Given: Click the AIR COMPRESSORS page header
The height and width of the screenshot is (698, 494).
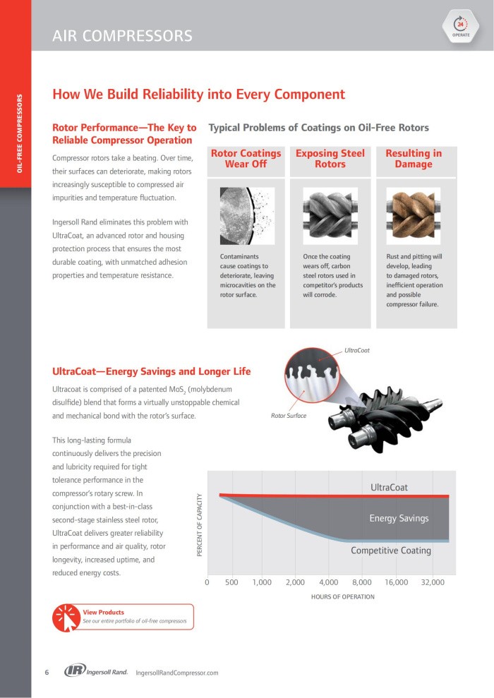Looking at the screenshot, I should [x=122, y=35].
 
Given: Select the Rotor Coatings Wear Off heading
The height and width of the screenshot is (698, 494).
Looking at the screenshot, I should [x=246, y=159].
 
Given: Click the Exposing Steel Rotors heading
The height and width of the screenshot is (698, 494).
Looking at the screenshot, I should [x=330, y=159].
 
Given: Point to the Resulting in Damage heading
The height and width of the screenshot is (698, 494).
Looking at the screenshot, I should [x=414, y=159].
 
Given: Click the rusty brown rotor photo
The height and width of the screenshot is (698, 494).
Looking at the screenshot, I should [x=414, y=216].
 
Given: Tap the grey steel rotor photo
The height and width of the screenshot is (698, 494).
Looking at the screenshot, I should [x=330, y=216].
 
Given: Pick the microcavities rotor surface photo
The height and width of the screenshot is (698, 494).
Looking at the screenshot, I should [x=246, y=216].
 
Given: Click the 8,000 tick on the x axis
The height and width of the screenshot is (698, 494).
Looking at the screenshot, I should [x=361, y=582].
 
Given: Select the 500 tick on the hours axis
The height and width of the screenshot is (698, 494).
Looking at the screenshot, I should [x=231, y=582].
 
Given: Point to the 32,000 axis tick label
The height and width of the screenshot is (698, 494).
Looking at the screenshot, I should [x=433, y=582].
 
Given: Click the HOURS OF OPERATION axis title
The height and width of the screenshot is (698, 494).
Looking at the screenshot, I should [x=343, y=597].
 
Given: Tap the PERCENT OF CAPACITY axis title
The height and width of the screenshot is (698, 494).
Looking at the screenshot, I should [x=200, y=525].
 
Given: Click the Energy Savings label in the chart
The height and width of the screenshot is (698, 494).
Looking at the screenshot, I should [x=399, y=518].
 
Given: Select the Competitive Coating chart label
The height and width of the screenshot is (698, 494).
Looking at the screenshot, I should [x=390, y=550].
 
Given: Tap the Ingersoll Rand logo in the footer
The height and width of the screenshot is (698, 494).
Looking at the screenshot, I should [x=96, y=672].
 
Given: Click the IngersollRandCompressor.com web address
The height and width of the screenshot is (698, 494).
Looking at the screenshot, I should [x=176, y=673].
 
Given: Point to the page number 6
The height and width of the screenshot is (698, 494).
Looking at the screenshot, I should [x=47, y=672].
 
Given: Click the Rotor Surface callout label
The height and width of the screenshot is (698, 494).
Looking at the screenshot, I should [x=289, y=416].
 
